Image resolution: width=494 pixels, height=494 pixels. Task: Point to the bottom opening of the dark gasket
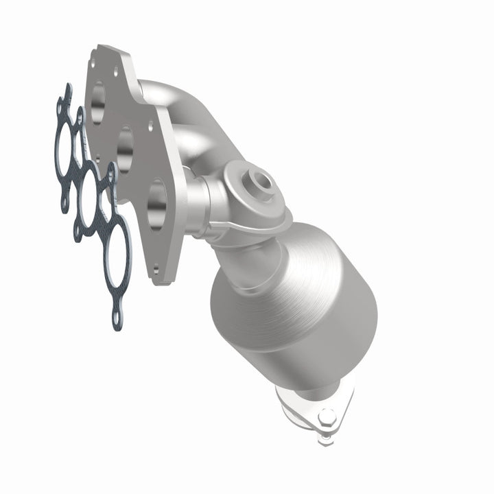point(119,251)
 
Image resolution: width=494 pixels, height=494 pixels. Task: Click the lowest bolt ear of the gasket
point(118,320)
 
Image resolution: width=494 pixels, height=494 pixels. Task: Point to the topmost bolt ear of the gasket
point(67,89)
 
